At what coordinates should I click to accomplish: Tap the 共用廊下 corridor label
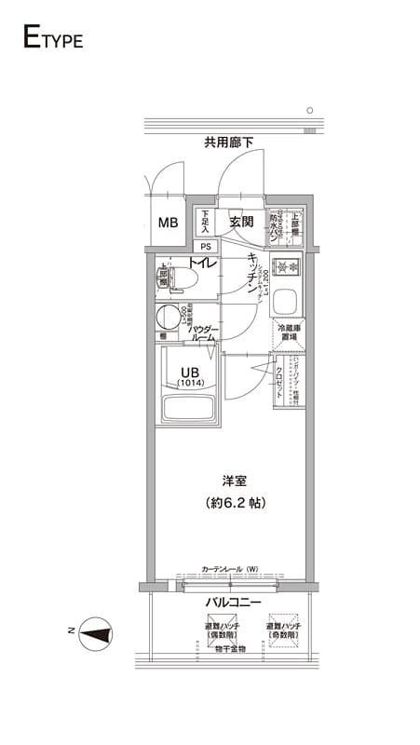(230, 142)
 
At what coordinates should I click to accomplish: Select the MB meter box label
(168, 223)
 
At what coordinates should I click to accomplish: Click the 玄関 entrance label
(242, 223)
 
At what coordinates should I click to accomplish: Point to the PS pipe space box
(205, 247)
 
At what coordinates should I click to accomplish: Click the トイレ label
(203, 264)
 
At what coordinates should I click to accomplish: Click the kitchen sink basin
(288, 302)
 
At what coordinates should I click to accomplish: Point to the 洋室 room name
(234, 481)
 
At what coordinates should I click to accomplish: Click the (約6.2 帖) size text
(234, 503)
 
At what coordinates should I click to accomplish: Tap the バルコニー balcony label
(233, 603)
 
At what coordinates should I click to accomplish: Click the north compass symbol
(96, 636)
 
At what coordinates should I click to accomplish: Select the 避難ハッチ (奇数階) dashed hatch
(283, 627)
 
